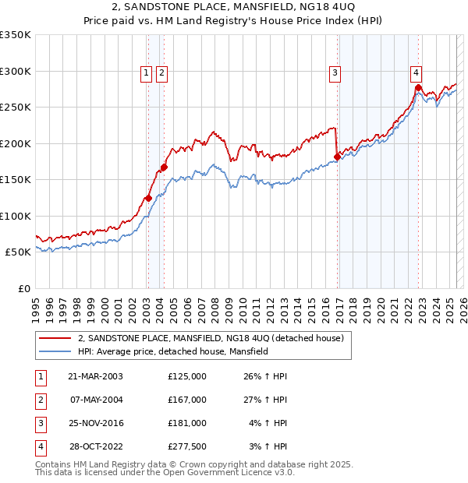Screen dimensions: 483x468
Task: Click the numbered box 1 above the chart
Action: click(x=146, y=73)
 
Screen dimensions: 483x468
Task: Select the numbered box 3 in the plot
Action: click(x=335, y=73)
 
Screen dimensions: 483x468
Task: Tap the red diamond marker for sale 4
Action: click(x=418, y=87)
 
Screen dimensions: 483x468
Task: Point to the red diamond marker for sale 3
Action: click(x=337, y=157)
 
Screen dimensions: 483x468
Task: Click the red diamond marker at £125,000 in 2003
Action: click(x=148, y=198)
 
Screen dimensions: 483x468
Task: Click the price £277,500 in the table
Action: click(x=187, y=446)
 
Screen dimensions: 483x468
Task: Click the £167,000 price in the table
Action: click(x=187, y=400)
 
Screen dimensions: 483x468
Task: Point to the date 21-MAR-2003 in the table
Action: click(x=96, y=376)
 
